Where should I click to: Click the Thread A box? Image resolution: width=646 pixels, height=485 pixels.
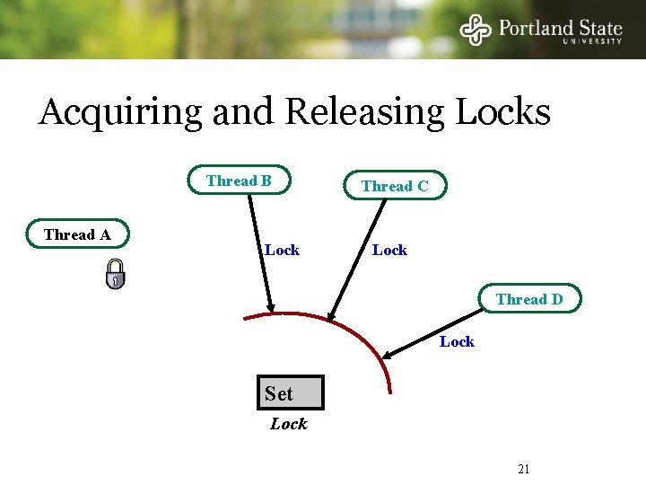point(78,234)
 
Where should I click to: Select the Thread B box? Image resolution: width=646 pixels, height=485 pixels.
point(239,181)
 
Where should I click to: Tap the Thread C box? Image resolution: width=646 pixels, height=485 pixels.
point(395,186)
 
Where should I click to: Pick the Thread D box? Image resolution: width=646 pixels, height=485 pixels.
point(529,299)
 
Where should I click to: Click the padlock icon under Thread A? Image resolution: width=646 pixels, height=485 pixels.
point(115,274)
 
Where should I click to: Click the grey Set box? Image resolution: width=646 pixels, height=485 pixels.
point(290,392)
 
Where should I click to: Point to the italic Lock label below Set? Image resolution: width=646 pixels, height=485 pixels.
point(289,424)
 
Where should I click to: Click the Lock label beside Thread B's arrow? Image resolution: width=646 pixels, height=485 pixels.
point(282,250)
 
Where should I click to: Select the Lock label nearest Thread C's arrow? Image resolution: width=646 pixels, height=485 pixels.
point(389,250)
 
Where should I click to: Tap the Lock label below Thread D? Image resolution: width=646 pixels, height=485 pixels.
point(457,341)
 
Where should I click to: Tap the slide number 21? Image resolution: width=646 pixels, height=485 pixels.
point(525,469)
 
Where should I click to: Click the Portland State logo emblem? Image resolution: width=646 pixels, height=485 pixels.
point(476,29)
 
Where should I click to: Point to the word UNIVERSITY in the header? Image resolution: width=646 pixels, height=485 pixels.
point(592,40)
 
